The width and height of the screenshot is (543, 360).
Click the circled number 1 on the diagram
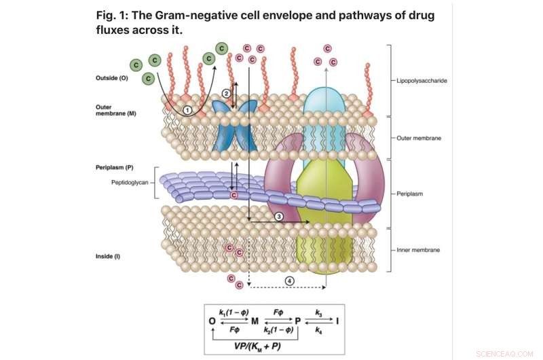click(x=187, y=109)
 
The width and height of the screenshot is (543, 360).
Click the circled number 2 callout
click(x=227, y=92)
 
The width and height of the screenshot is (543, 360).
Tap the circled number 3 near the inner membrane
click(x=278, y=216)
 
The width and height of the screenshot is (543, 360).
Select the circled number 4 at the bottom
click(x=290, y=280)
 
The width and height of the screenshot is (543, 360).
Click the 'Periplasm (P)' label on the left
click(x=115, y=166)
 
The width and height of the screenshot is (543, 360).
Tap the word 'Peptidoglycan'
click(x=131, y=183)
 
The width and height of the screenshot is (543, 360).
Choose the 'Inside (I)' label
click(x=109, y=256)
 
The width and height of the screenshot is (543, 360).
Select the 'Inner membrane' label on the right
click(x=419, y=250)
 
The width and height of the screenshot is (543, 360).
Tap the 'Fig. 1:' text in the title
click(x=115, y=16)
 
